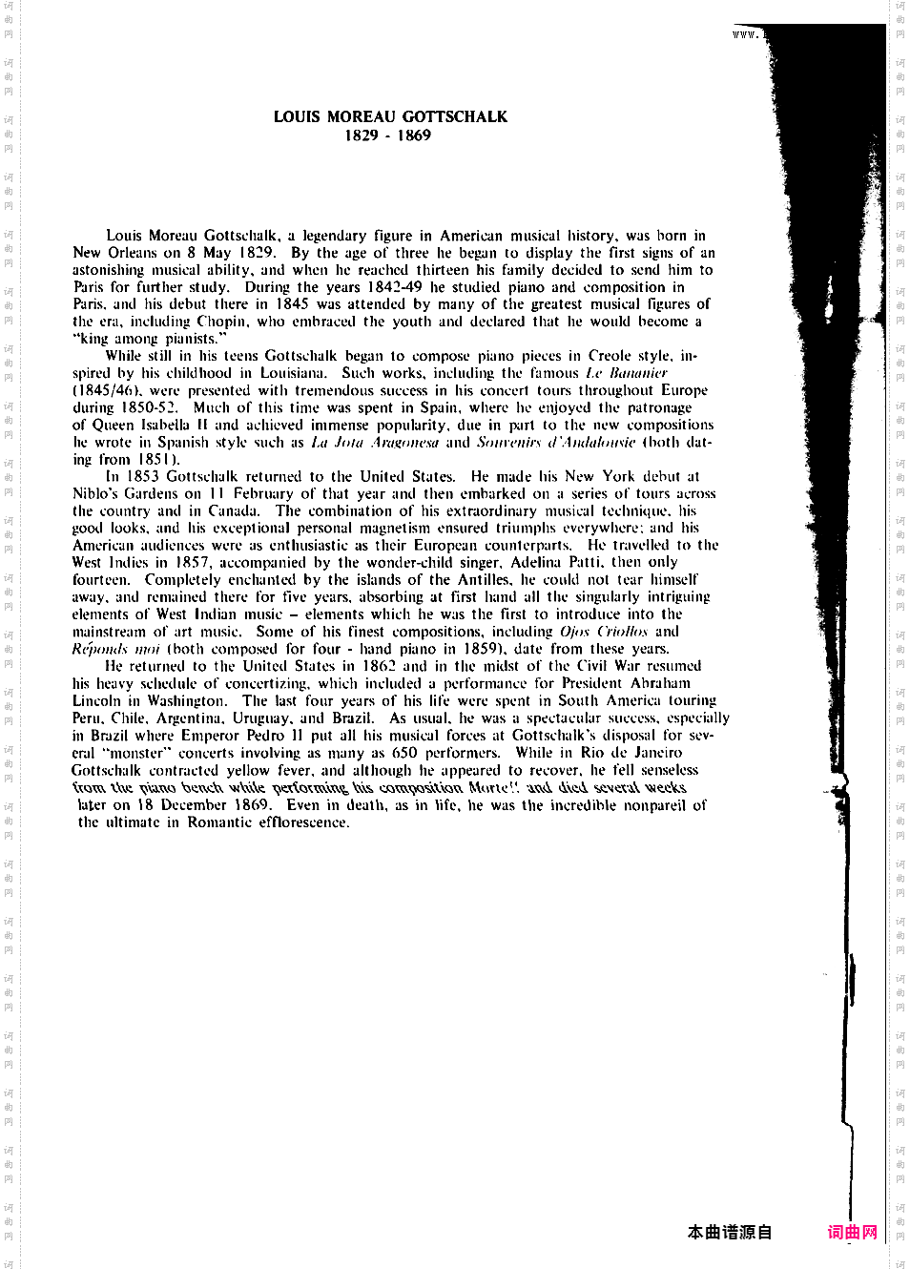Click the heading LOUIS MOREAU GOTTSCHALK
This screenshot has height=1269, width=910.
(x=390, y=116)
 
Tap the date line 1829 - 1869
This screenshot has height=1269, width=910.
(x=387, y=135)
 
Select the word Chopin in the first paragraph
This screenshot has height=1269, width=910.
(x=221, y=322)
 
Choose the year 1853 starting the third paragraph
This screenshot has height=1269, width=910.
(x=142, y=476)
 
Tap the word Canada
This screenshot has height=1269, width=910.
(x=233, y=510)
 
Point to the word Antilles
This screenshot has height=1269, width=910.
(x=483, y=579)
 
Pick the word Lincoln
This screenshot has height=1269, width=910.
(x=96, y=700)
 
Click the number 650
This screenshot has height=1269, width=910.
(x=404, y=753)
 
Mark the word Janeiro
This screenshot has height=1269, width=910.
(x=658, y=753)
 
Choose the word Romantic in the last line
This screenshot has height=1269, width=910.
(x=219, y=822)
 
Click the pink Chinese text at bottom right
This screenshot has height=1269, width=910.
(x=852, y=1232)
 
